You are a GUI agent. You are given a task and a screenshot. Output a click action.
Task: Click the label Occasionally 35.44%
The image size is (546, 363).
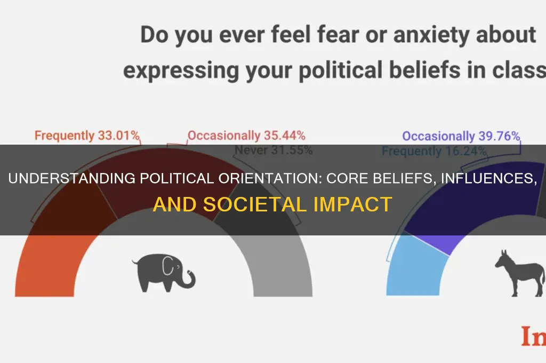246,136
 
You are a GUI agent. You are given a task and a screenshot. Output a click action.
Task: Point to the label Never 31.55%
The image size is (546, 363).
274,150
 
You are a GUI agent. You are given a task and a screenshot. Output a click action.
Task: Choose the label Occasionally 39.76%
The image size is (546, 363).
461,136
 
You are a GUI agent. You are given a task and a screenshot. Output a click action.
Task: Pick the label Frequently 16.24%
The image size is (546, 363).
434,151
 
